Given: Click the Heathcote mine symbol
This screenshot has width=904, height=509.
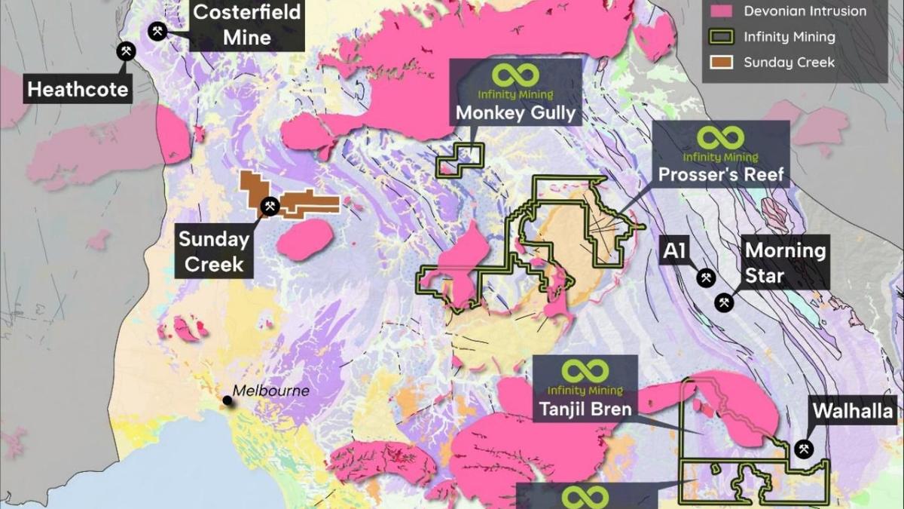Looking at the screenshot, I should pos(125,51).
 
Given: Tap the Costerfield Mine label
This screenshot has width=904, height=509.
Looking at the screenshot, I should pos(247,23).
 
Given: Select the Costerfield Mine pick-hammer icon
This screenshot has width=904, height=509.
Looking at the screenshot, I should pos(158,31).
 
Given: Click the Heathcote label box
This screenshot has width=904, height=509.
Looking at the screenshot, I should pos(78,91).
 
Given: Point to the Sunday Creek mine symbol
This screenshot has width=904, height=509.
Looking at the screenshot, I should pos(269,206).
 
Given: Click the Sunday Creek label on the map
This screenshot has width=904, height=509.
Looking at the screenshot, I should pos(214,252).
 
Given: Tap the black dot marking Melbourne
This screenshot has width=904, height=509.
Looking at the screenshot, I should pos(227,401).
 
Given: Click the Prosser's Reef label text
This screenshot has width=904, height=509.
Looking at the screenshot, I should pos(721,176).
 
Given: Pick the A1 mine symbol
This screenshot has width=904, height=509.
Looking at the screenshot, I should pos(706,278).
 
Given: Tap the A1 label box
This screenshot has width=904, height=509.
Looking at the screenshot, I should pos(673,251).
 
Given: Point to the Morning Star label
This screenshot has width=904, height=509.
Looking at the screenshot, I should pos(785,262).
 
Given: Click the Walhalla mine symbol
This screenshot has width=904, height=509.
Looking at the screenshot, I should pos(804,449).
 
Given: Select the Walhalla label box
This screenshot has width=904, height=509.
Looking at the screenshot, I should pos(852,412).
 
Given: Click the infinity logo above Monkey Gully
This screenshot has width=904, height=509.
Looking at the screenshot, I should pos(517,75).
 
